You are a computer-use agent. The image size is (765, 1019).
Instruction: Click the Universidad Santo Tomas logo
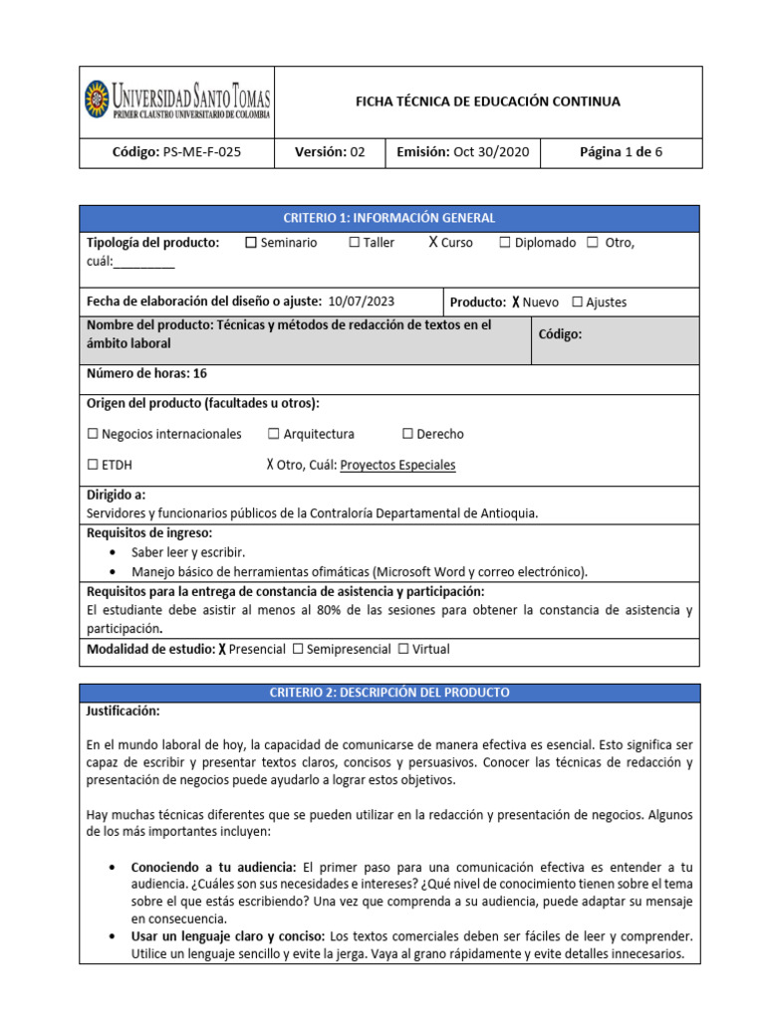click(x=176, y=102)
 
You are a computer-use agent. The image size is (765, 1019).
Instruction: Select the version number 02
click(x=358, y=152)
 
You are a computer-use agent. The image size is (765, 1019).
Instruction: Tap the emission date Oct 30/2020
click(x=491, y=152)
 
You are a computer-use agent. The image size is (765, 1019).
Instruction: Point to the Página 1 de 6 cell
click(x=621, y=152)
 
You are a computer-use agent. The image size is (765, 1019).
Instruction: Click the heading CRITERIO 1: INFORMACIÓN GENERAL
click(x=389, y=218)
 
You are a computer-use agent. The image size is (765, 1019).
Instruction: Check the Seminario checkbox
click(x=250, y=243)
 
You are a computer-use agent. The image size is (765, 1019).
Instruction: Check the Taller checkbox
click(x=355, y=243)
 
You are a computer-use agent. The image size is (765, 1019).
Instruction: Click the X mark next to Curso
click(x=433, y=243)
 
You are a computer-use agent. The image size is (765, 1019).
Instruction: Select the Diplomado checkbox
click(x=505, y=243)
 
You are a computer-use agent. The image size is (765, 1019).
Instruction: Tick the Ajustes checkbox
click(x=577, y=303)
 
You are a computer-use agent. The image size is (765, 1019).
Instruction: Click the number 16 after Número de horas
click(x=201, y=373)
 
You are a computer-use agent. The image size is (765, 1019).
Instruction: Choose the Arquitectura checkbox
click(x=273, y=434)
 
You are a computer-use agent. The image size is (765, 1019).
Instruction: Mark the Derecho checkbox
click(x=407, y=434)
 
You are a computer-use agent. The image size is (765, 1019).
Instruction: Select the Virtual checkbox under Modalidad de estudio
click(x=402, y=649)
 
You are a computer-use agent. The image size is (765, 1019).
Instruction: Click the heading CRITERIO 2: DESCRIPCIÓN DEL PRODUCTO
click(x=389, y=693)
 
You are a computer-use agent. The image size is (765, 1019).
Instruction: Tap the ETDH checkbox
click(x=93, y=465)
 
